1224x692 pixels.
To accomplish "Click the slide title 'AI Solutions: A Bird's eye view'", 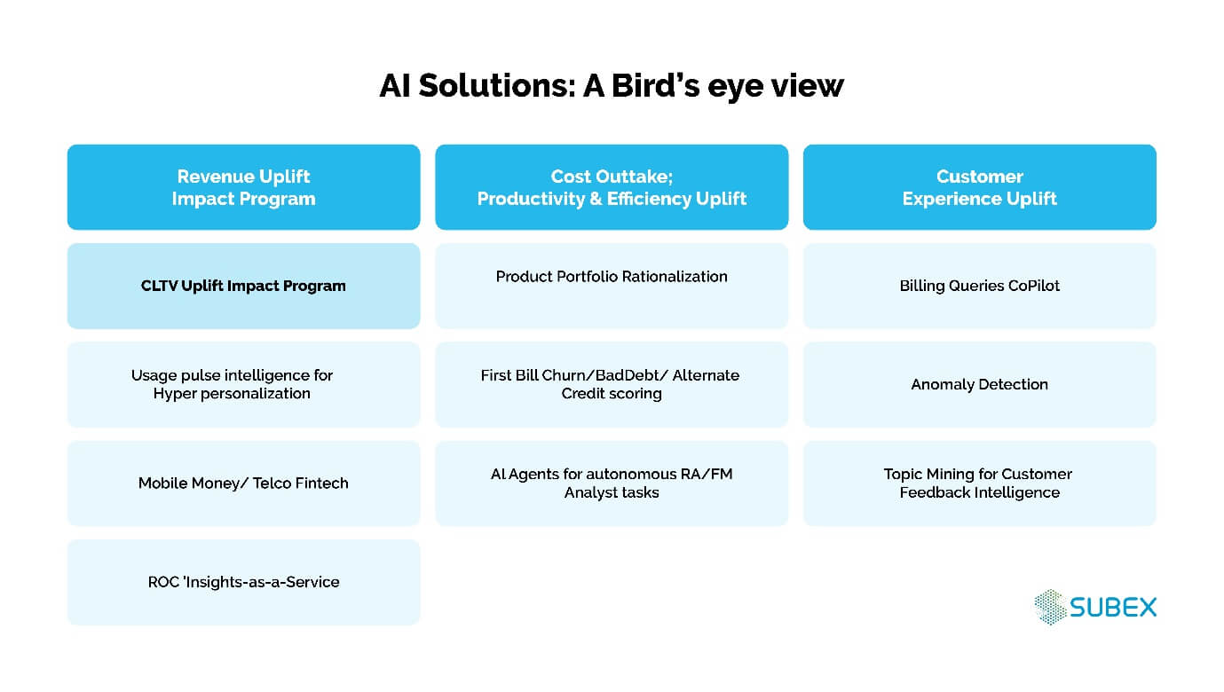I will [x=612, y=86].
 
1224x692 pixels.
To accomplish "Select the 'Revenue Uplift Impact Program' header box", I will [x=243, y=187].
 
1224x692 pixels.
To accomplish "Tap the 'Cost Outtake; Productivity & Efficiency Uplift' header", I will [x=612, y=187].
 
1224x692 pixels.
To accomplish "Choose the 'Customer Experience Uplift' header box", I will [x=979, y=187].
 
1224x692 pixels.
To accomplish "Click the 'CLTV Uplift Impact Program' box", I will [x=243, y=286].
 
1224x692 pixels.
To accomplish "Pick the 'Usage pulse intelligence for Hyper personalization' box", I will [x=243, y=384].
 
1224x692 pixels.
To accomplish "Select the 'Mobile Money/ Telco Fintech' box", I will [x=243, y=484].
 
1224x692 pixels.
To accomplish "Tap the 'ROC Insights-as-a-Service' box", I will [x=243, y=582].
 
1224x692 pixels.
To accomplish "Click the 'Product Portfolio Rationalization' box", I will [x=612, y=286].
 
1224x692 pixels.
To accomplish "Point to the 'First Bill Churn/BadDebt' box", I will [x=612, y=384].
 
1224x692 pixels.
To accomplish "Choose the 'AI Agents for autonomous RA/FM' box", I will [x=612, y=484].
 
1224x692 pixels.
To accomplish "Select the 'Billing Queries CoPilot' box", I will [x=979, y=286].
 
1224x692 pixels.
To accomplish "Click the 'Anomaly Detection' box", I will [x=979, y=384].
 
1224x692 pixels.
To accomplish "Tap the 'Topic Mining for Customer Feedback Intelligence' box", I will [x=979, y=484].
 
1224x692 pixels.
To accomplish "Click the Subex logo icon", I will [x=1050, y=607].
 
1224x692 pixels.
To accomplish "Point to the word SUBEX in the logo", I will [x=1113, y=608].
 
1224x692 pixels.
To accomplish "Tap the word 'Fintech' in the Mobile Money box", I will [x=318, y=484].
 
